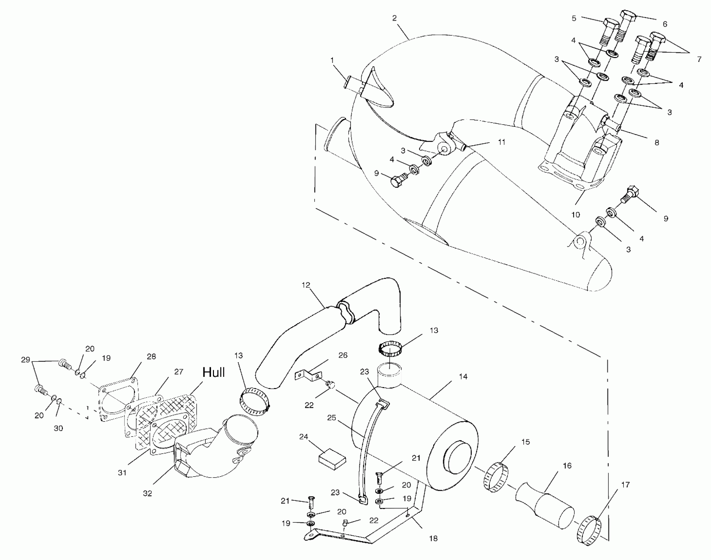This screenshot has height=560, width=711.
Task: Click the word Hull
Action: click(213, 372)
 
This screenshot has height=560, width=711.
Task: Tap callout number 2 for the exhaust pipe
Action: click(394, 18)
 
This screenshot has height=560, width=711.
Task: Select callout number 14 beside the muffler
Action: click(463, 377)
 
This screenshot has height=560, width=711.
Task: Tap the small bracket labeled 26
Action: click(308, 376)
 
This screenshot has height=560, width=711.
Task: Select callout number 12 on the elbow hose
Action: click(306, 285)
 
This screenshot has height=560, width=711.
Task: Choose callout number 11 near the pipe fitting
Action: click(501, 142)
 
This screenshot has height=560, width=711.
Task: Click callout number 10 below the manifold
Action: click(575, 215)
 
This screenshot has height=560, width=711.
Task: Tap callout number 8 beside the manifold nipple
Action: click(657, 143)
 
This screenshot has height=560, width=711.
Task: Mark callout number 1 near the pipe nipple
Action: click(332, 60)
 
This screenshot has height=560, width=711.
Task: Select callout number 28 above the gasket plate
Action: click(151, 356)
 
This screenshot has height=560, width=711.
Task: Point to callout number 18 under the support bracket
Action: click(433, 539)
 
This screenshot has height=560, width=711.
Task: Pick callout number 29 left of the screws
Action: click(26, 360)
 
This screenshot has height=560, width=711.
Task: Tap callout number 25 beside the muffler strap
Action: click(331, 418)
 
